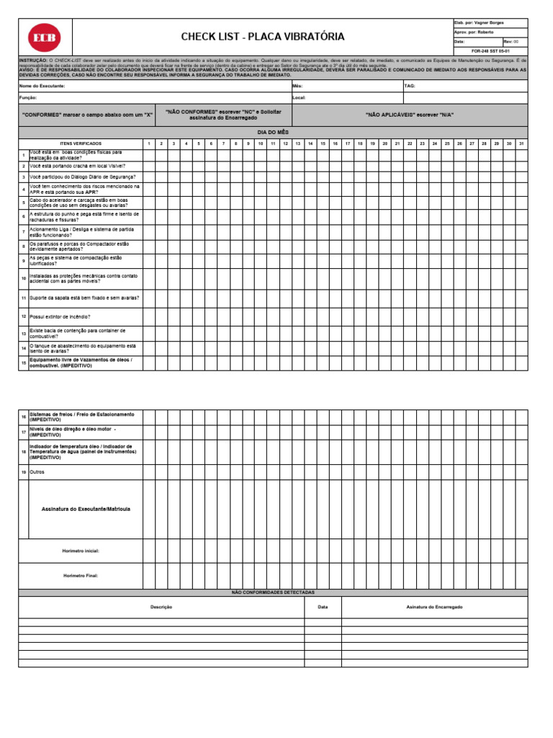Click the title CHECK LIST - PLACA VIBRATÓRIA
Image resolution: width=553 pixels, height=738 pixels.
pyautogui.click(x=263, y=37)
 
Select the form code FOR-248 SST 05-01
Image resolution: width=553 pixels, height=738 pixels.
pyautogui.click(x=490, y=51)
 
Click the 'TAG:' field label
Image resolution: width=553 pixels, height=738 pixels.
pyautogui.click(x=410, y=86)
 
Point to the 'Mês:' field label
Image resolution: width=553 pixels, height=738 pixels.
pyautogui.click(x=298, y=86)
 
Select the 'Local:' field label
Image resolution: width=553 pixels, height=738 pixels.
pyautogui.click(x=300, y=97)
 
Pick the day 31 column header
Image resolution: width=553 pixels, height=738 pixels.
pyautogui.click(x=521, y=143)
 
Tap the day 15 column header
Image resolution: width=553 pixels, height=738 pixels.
pyautogui.click(x=323, y=143)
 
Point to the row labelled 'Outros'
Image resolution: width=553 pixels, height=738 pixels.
pyautogui.click(x=37, y=472)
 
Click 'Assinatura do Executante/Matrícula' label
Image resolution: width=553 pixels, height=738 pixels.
pyautogui.click(x=86, y=509)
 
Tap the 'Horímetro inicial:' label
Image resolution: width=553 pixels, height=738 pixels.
pyautogui.click(x=81, y=551)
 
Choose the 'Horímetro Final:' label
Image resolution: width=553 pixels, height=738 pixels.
pyautogui.click(x=81, y=576)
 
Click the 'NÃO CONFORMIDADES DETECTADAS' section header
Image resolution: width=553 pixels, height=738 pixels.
pyautogui.click(x=272, y=592)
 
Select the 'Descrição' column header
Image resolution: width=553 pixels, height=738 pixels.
pyautogui.click(x=161, y=608)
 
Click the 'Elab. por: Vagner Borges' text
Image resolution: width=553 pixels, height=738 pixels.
pyautogui.click(x=479, y=23)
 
